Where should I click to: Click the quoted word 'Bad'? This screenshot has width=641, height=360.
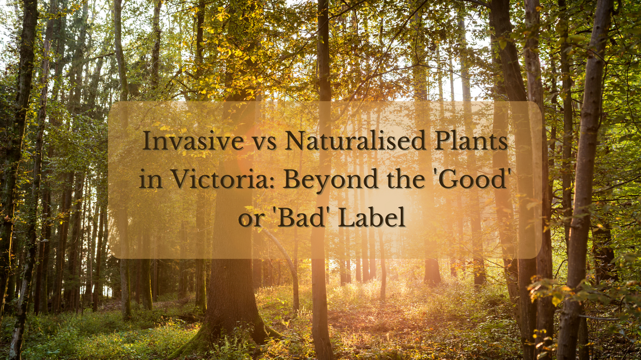tap(296, 217)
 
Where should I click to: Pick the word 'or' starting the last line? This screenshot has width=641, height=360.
tap(248, 218)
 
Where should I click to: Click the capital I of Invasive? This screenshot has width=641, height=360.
tap(147, 142)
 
